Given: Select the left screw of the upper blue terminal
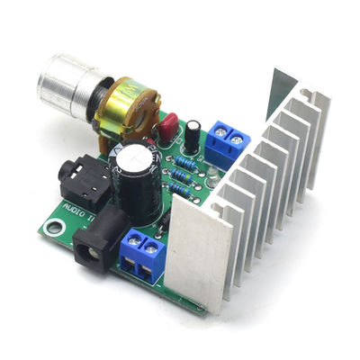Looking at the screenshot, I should [x=218, y=138].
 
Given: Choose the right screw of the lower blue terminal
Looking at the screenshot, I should [x=153, y=247].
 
